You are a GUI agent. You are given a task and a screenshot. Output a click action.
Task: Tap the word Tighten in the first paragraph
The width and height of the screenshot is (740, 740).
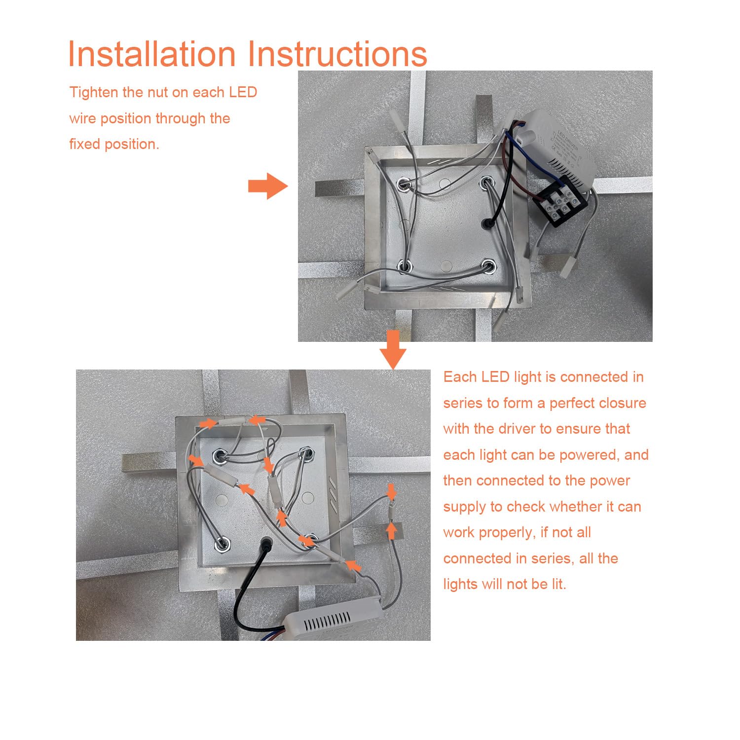coord(94,93)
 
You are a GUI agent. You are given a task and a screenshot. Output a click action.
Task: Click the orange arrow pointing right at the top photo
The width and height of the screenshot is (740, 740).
coord(268,186)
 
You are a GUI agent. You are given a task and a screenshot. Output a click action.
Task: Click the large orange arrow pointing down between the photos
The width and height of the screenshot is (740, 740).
coord(393,350)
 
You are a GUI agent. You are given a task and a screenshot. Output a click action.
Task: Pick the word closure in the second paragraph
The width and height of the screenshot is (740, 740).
coord(622,403)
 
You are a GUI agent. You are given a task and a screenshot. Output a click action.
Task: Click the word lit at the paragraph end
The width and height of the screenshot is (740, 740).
coord(558,584)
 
